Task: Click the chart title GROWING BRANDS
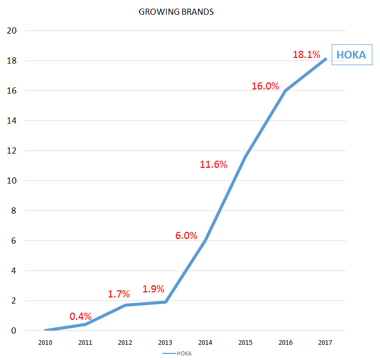[x=176, y=12]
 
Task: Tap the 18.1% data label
[x=306, y=54]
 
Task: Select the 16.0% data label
[x=265, y=86]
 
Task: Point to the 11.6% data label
[x=213, y=164]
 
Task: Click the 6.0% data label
[x=186, y=235]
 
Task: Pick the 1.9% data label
[x=153, y=289]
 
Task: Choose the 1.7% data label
[x=119, y=294]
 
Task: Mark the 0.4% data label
[x=80, y=316]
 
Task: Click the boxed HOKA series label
[x=352, y=55]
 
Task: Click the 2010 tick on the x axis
[x=46, y=342]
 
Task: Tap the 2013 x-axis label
[x=166, y=342]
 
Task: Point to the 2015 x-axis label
[x=245, y=342]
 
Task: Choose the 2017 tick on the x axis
[x=325, y=342]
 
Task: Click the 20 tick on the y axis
[x=12, y=31]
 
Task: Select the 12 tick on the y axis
[x=12, y=151]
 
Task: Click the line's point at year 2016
[x=286, y=91]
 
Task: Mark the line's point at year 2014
[x=206, y=241]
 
